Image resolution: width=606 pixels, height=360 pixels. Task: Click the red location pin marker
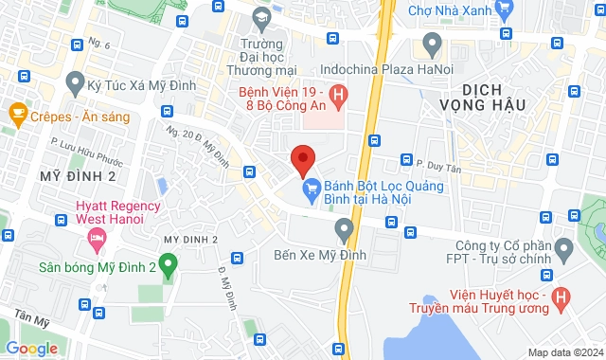(x=302, y=160)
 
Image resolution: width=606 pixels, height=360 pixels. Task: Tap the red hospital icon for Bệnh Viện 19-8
(x=341, y=95)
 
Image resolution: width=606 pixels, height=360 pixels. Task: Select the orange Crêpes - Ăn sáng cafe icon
(x=16, y=114)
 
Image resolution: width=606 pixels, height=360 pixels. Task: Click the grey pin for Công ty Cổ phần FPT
(x=565, y=250)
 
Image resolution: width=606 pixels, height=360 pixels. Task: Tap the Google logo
(x=30, y=349)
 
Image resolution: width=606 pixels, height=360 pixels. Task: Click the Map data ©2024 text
(x=564, y=352)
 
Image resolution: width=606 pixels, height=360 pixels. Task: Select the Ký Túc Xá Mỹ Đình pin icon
(x=74, y=86)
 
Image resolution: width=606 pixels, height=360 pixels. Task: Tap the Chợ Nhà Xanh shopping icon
(x=505, y=11)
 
